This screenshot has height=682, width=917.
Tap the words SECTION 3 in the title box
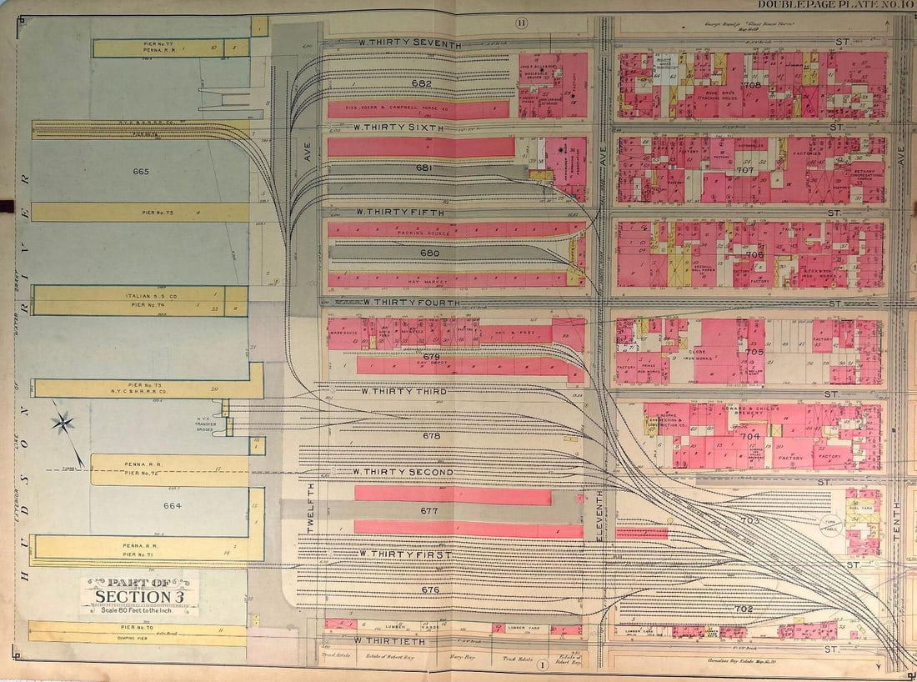(x=139, y=595)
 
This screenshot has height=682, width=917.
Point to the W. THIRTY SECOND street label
(x=403, y=473)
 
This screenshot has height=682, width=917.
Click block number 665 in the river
(x=140, y=172)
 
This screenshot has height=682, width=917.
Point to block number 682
(x=422, y=83)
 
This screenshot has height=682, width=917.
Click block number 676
(x=430, y=590)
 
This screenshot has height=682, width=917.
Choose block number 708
(x=753, y=85)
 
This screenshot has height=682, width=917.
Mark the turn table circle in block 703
(x=829, y=523)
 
